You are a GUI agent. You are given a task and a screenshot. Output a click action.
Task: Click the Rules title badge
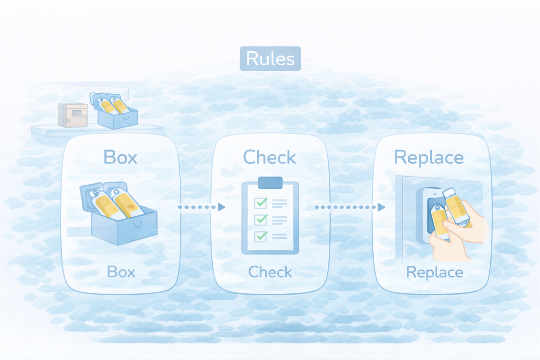point(270,59)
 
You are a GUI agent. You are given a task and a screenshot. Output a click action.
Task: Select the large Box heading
point(120,157)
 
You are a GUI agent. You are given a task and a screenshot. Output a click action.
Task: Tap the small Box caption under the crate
point(121,272)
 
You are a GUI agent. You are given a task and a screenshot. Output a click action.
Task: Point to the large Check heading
point(269,157)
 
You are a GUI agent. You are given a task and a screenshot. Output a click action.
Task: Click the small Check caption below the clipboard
point(270,272)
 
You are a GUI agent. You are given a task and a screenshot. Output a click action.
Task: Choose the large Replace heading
point(429,157)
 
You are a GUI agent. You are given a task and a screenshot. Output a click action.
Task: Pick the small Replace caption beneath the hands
point(435,272)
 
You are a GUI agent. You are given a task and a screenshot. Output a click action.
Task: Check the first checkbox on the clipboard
point(261,203)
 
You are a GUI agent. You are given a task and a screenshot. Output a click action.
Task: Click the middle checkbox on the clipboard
point(261,220)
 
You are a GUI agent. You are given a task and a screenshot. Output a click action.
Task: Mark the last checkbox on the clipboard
point(261,236)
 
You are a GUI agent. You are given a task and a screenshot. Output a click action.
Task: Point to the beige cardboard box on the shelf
point(73,115)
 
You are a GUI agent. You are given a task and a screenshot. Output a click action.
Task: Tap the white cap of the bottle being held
point(449,192)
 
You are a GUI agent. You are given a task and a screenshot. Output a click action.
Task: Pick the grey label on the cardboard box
point(77,113)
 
